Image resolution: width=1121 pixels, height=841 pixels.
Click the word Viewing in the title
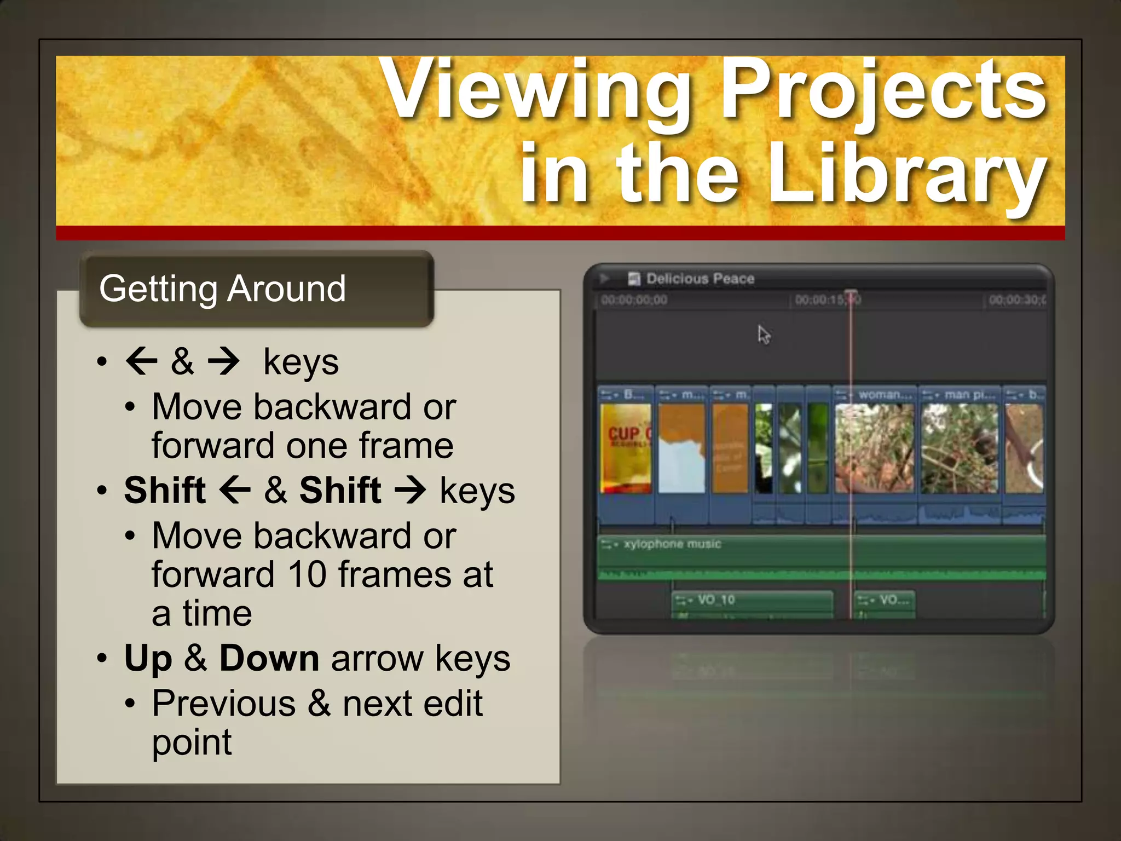[536, 90]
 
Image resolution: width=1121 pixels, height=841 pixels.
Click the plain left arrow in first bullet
[142, 361]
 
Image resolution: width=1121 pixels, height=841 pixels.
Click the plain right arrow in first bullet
[223, 361]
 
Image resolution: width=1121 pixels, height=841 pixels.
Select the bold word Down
[269, 659]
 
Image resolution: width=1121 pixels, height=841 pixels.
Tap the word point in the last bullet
[192, 743]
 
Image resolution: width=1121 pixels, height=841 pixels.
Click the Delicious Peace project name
[700, 279]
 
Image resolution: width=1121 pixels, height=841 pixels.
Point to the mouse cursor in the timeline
[764, 334]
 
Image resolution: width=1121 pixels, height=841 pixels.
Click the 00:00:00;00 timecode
[634, 300]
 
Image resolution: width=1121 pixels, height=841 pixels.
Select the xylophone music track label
[672, 544]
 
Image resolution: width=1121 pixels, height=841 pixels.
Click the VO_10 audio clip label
[716, 600]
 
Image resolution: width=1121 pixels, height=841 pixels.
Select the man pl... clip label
[966, 395]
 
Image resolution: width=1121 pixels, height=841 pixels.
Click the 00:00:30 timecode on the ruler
[1016, 300]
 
